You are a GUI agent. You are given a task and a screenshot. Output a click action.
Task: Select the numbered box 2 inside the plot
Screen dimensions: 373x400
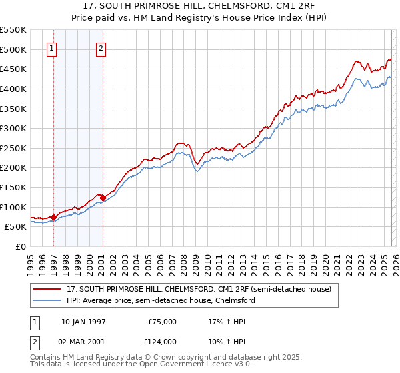click(101, 48)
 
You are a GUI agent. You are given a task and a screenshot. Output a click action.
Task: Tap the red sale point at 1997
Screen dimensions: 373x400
click(53, 217)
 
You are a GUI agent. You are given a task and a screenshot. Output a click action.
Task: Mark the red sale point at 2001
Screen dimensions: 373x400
click(102, 198)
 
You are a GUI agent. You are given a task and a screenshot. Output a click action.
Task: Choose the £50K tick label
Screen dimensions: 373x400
click(16, 227)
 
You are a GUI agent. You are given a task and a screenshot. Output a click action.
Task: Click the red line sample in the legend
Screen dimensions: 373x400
click(48, 289)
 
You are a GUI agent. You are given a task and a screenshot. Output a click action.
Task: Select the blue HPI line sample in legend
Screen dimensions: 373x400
click(48, 300)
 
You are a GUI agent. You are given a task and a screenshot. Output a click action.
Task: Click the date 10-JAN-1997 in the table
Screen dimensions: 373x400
click(83, 321)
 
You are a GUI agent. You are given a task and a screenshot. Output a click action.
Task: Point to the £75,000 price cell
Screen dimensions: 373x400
click(161, 321)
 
